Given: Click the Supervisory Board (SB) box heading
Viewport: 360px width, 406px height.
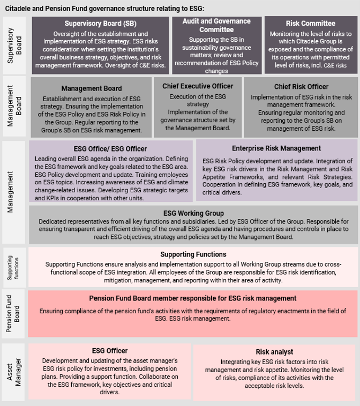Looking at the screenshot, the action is click(x=101, y=24).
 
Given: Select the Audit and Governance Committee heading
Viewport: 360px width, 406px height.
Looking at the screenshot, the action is click(x=216, y=25).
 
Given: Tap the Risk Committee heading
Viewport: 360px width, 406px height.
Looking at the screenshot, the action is click(x=311, y=24).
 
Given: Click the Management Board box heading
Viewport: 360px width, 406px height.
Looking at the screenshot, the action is click(x=92, y=88).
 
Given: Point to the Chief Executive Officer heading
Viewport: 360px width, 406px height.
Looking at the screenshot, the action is click(x=198, y=86).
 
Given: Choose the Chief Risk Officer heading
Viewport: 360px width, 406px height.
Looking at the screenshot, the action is click(x=301, y=86).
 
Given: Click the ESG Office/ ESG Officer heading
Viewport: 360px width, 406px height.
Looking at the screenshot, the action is click(x=110, y=148).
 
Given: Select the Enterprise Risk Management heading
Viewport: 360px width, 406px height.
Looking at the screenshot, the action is click(x=276, y=148).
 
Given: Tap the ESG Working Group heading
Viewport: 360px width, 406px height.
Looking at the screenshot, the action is click(x=193, y=213).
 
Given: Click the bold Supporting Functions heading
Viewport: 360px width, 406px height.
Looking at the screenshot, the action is click(x=193, y=254).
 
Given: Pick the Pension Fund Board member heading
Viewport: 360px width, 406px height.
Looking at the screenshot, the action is click(x=193, y=298).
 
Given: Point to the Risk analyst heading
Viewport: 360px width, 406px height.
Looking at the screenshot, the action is click(x=274, y=352).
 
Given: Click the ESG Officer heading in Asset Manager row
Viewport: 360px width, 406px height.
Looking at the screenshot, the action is click(x=110, y=351).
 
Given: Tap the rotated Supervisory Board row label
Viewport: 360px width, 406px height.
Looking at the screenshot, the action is click(x=14, y=46).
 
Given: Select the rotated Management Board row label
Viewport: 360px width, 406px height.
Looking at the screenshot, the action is click(x=14, y=106).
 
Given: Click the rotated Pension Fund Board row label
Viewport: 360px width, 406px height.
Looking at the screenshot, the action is click(x=13, y=313).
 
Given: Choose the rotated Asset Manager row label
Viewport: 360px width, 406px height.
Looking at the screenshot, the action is click(x=14, y=372).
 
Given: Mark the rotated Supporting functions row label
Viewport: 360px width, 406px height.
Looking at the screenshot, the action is click(x=13, y=268).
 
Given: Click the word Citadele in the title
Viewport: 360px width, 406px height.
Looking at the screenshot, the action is click(x=18, y=9).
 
